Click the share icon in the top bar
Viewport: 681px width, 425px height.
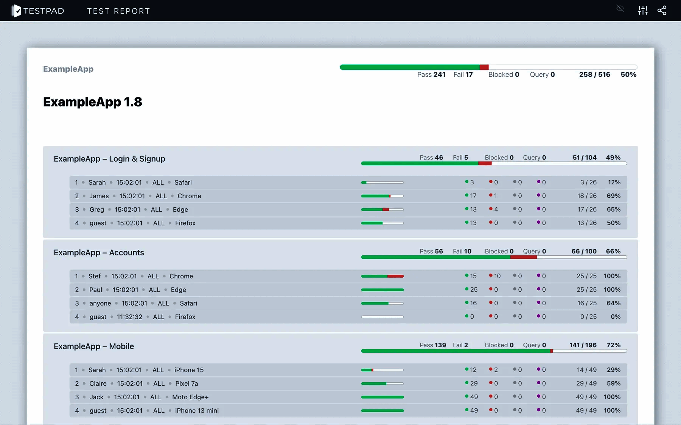pos(662,11)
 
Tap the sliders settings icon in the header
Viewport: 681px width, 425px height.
pos(643,11)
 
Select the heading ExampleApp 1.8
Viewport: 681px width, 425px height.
pos(93,102)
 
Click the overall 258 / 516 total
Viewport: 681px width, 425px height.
pos(594,74)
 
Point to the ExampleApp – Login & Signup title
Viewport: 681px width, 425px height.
pos(109,159)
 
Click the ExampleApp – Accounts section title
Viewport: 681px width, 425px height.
pos(99,252)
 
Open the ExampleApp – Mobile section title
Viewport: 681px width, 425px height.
pos(94,346)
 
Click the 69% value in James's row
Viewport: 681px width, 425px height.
pos(613,196)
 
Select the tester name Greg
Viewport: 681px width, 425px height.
pos(96,209)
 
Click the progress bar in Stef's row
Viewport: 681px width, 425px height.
pos(382,276)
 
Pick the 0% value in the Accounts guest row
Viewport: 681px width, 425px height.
pos(616,317)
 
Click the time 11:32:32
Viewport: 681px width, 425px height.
pos(130,317)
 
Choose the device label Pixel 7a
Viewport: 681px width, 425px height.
pos(187,383)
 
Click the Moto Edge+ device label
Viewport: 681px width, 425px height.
pos(190,397)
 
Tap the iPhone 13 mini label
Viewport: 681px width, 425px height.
pos(197,411)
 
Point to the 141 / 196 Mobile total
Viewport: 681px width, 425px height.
pos(583,345)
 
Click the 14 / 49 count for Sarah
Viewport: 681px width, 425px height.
pos(586,370)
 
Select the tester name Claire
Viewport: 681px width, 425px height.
pos(98,383)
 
